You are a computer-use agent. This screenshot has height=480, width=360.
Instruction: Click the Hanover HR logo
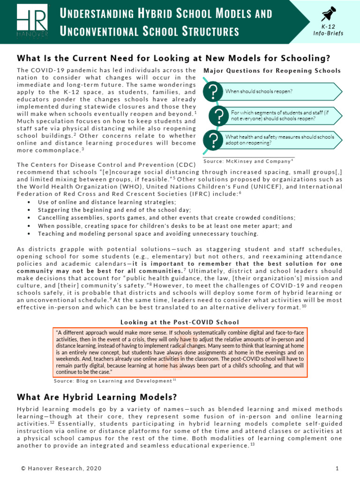[32, 22]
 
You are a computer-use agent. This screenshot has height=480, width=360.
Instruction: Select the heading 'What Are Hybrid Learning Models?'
[97, 397]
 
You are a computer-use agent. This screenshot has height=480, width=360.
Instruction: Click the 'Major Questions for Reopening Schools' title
[272, 71]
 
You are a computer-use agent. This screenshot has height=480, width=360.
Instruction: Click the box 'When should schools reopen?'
[281, 92]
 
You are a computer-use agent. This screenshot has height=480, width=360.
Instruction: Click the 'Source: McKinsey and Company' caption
[248, 161]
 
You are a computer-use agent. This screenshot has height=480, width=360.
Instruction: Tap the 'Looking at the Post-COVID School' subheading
[180, 322]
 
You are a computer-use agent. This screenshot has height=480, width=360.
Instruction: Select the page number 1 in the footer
[337, 468]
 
